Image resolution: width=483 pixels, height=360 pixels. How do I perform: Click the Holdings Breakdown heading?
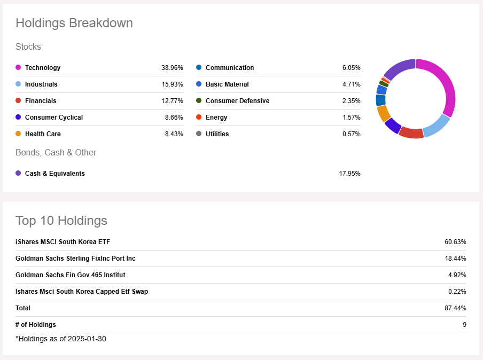(x=74, y=24)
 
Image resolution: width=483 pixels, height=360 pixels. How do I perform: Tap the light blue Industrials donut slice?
(x=437, y=127)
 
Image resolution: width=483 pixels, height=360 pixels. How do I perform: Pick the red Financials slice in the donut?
(x=411, y=132)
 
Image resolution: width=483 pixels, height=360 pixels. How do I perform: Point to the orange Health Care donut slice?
(x=383, y=113)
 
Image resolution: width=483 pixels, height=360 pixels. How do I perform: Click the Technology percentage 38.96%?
(x=172, y=68)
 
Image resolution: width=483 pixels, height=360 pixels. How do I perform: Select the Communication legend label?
(x=230, y=68)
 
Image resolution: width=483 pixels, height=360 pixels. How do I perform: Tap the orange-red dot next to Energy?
(x=199, y=118)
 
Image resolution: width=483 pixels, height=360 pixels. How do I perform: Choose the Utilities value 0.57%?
(x=351, y=134)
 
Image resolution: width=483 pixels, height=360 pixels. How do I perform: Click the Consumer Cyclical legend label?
(x=54, y=118)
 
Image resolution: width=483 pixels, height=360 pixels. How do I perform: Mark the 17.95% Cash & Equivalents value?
(x=349, y=174)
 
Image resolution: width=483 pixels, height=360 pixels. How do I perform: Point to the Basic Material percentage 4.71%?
(x=351, y=84)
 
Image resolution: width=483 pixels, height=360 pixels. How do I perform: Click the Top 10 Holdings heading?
(x=61, y=221)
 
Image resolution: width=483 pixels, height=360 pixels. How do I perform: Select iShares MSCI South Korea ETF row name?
(x=63, y=242)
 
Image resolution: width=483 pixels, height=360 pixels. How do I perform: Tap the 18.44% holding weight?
(x=455, y=259)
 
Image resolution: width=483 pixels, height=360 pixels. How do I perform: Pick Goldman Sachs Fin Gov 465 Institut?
(x=71, y=275)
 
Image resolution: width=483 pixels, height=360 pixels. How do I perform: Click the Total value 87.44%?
(x=455, y=308)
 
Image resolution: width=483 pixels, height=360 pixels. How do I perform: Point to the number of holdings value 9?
(x=464, y=325)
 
